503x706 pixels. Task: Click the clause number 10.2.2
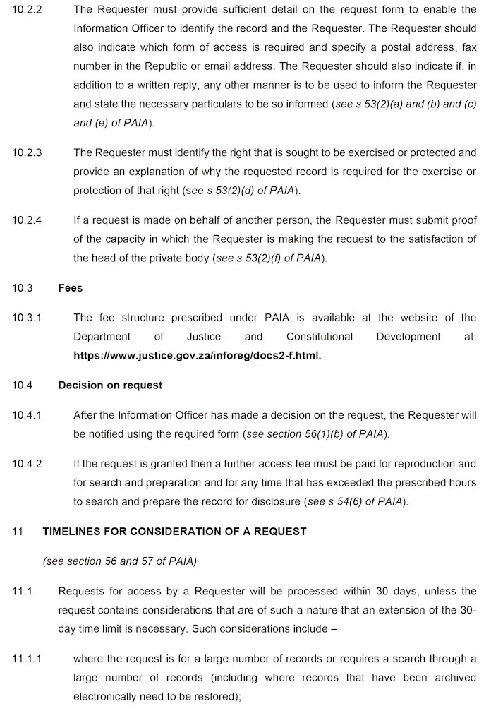[x=27, y=10]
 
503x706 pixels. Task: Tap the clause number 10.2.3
[x=27, y=152]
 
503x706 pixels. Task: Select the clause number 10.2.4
[x=27, y=220]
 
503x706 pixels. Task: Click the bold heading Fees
[x=71, y=287]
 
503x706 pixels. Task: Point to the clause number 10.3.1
[x=27, y=318]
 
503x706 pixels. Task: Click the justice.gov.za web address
[x=197, y=355]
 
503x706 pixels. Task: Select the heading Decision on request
[x=110, y=385]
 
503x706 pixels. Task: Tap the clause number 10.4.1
[x=27, y=415]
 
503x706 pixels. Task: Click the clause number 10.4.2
[x=27, y=464]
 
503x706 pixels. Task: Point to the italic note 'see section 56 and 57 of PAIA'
[x=119, y=561]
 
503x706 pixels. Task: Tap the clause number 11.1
[x=22, y=591]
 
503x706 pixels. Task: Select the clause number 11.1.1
[x=27, y=659]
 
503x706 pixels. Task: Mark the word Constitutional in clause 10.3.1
[x=320, y=337]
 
